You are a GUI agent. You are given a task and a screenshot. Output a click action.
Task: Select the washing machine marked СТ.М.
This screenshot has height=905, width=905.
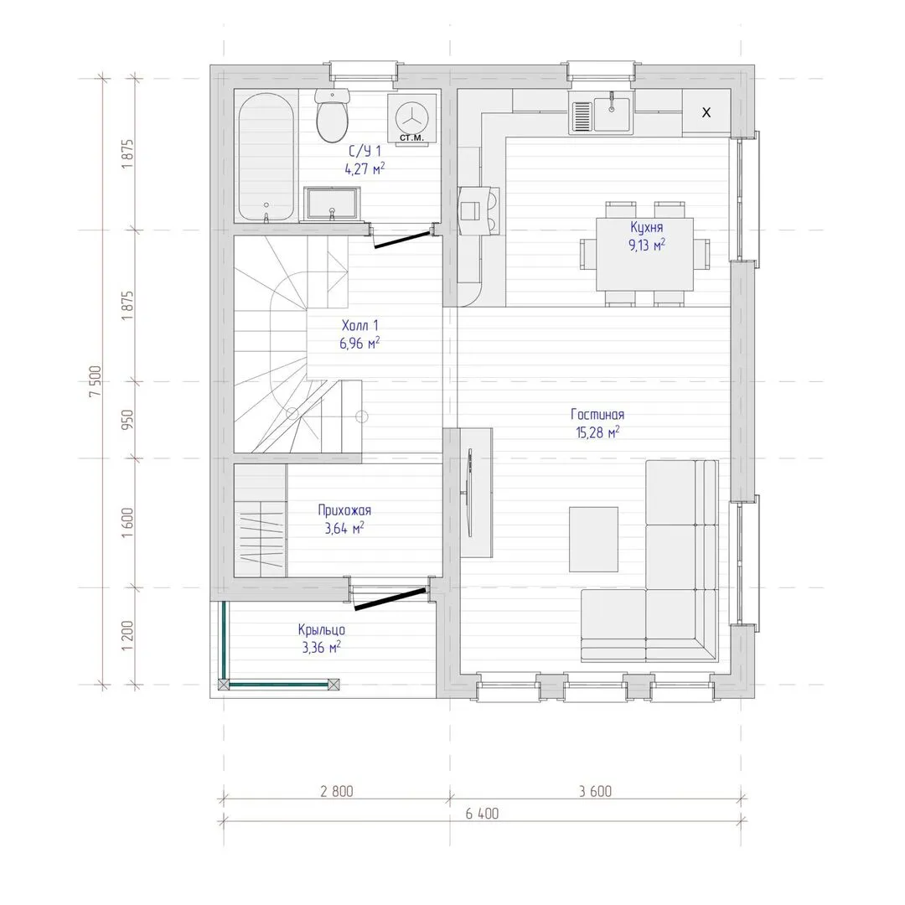[x=412, y=118]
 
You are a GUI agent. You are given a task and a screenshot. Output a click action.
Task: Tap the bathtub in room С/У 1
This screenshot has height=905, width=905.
[x=266, y=158]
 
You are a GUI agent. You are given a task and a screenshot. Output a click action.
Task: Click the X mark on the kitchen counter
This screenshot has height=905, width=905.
[x=706, y=112]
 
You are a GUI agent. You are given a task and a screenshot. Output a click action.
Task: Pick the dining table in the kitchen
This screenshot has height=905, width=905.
[x=644, y=254]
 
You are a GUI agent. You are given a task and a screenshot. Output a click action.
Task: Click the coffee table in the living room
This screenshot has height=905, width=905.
[x=593, y=540]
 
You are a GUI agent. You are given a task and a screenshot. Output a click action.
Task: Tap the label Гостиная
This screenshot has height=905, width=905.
[x=597, y=415]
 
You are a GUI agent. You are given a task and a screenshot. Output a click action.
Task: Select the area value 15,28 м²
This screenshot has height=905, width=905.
[x=597, y=432]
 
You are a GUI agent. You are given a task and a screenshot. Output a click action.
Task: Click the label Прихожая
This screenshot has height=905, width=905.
[x=344, y=510]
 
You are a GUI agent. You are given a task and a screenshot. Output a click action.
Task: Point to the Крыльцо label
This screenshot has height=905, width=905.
[x=322, y=629]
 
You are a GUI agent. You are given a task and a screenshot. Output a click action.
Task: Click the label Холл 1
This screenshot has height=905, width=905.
[x=359, y=325]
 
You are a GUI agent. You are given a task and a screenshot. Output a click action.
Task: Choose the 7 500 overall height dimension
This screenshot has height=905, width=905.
[x=96, y=381]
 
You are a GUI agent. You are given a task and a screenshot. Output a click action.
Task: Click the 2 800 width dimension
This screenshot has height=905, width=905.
[x=337, y=791]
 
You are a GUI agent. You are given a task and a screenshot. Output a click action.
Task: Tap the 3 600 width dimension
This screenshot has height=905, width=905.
[x=595, y=791]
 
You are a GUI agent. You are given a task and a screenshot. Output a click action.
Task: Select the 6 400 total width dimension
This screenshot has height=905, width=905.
[x=482, y=813]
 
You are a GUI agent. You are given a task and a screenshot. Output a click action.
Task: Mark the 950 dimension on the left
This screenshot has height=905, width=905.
[x=127, y=419]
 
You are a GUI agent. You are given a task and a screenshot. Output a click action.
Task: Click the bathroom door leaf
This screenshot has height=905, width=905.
[x=402, y=240]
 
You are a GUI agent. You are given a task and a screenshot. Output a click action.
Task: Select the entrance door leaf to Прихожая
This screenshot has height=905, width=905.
[x=390, y=599]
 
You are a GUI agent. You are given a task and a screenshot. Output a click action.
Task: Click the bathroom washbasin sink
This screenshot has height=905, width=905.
[x=331, y=204]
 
